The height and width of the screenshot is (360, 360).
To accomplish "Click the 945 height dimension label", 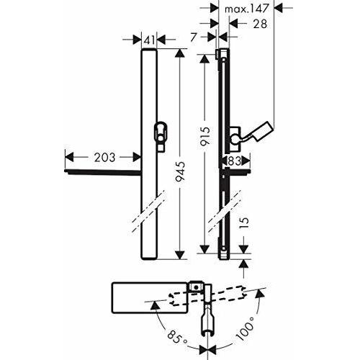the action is click(x=180, y=171).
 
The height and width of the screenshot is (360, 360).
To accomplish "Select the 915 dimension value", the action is click(x=204, y=136).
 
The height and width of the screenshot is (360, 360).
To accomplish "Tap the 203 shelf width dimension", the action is click(x=104, y=158).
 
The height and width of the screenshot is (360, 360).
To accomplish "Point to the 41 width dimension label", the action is click(x=149, y=40).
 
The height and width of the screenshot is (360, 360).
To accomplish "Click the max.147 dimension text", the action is click(x=246, y=9).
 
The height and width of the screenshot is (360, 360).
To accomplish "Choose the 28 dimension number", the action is click(x=260, y=24).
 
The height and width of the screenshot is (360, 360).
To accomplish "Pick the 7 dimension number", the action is click(x=194, y=37).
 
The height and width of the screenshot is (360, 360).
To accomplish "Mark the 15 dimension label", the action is click(x=244, y=223).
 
